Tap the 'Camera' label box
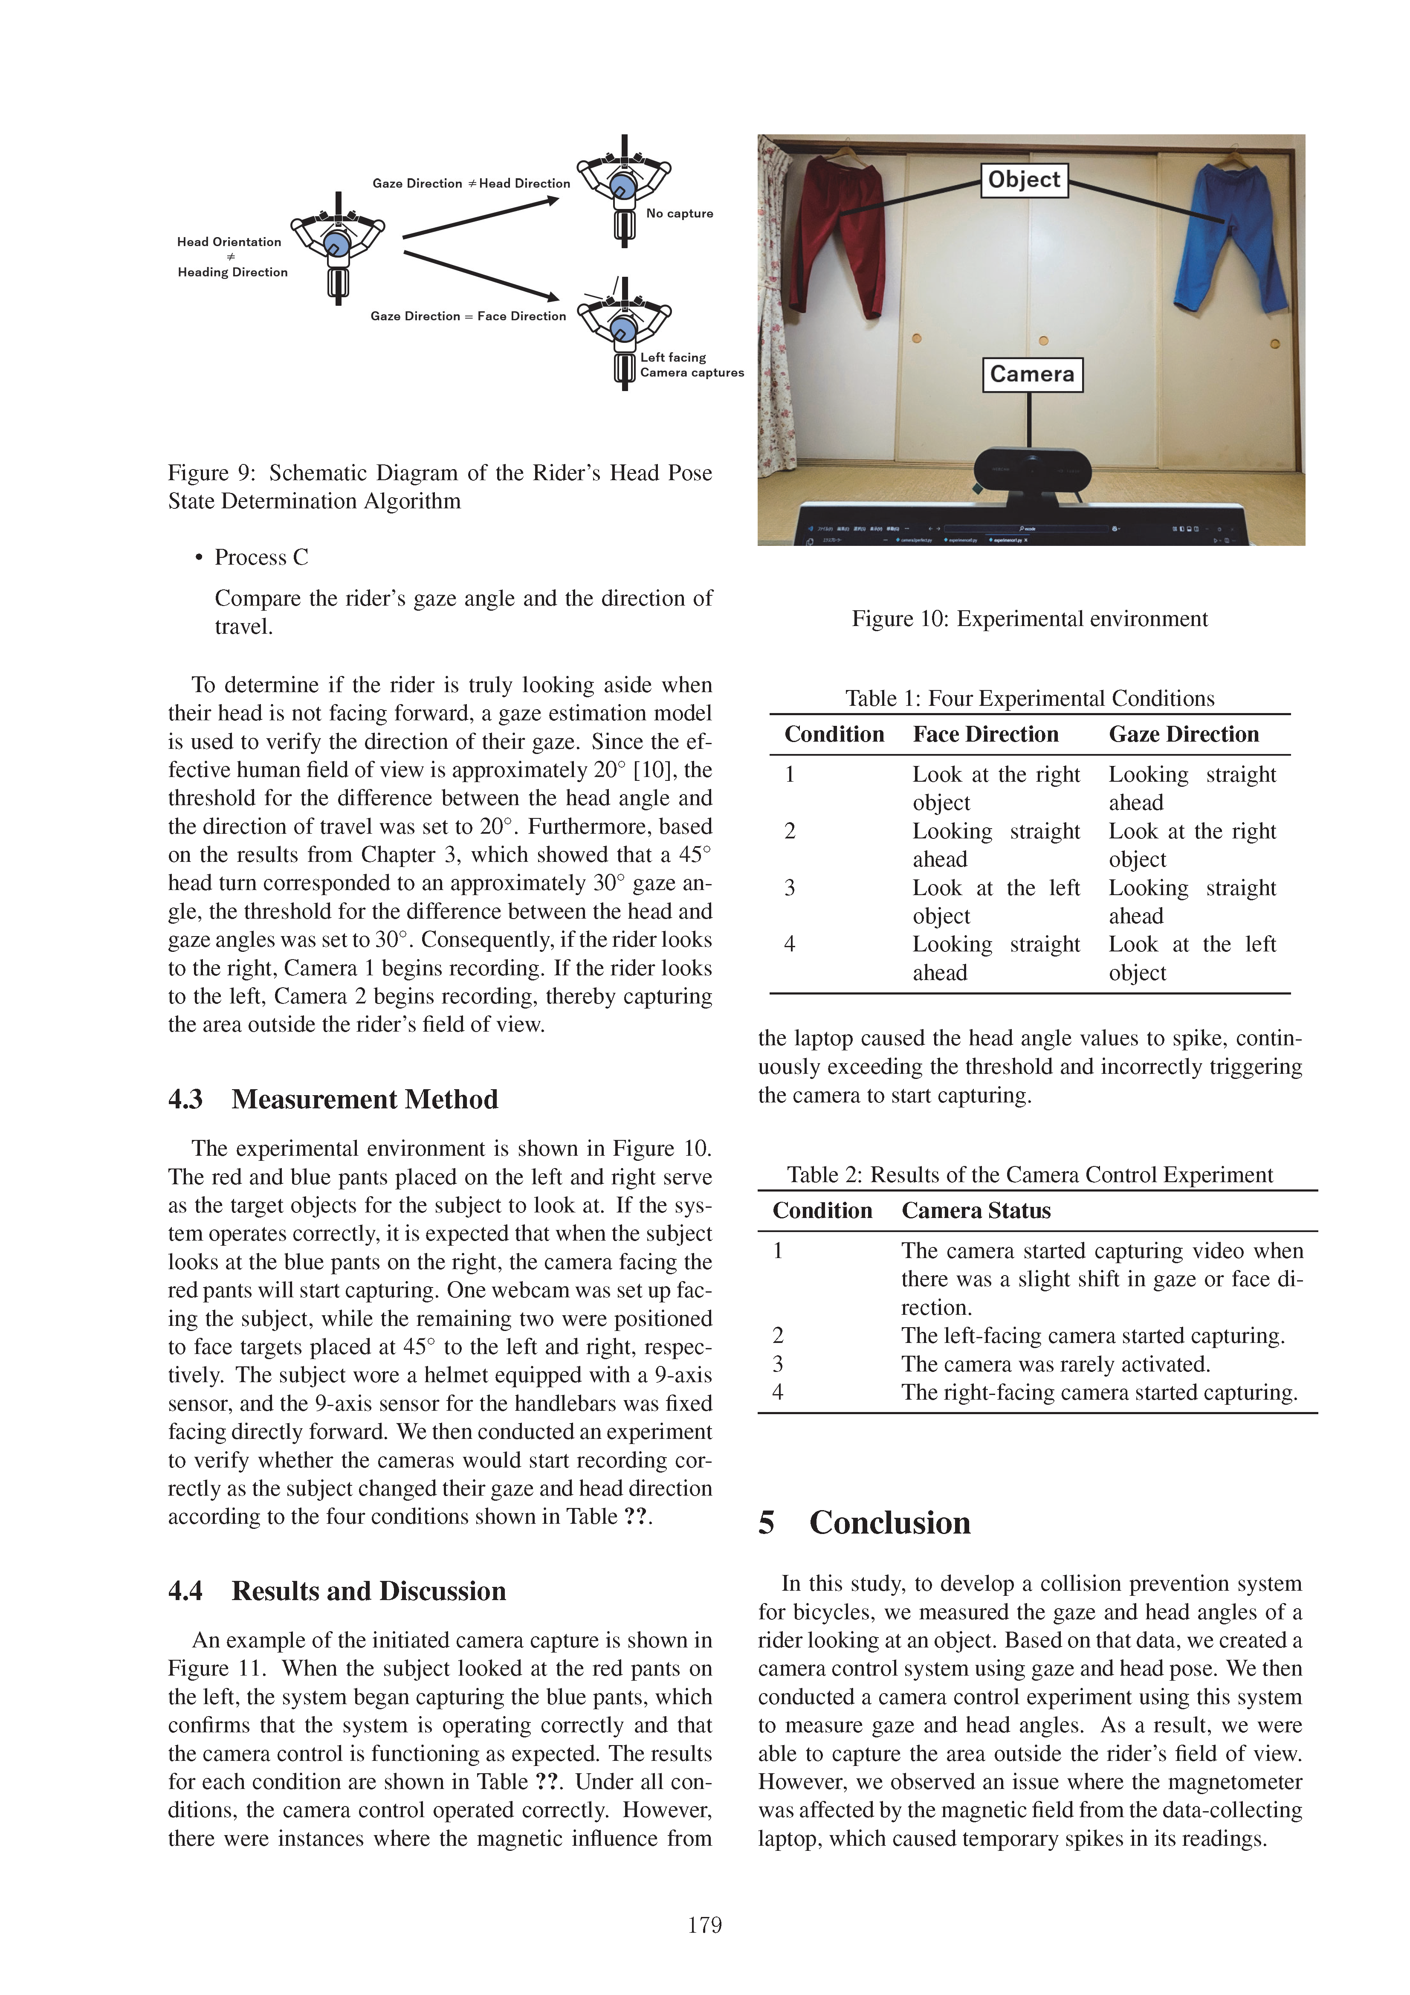[x=1032, y=374]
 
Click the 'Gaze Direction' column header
[x=1183, y=734]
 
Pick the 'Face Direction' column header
[x=985, y=734]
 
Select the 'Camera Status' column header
[x=976, y=1210]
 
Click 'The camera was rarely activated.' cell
[x=1056, y=1364]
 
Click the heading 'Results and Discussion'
[x=368, y=1591]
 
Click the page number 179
[x=704, y=1925]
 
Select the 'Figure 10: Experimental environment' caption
[x=1030, y=619]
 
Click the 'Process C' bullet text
[x=261, y=557]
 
